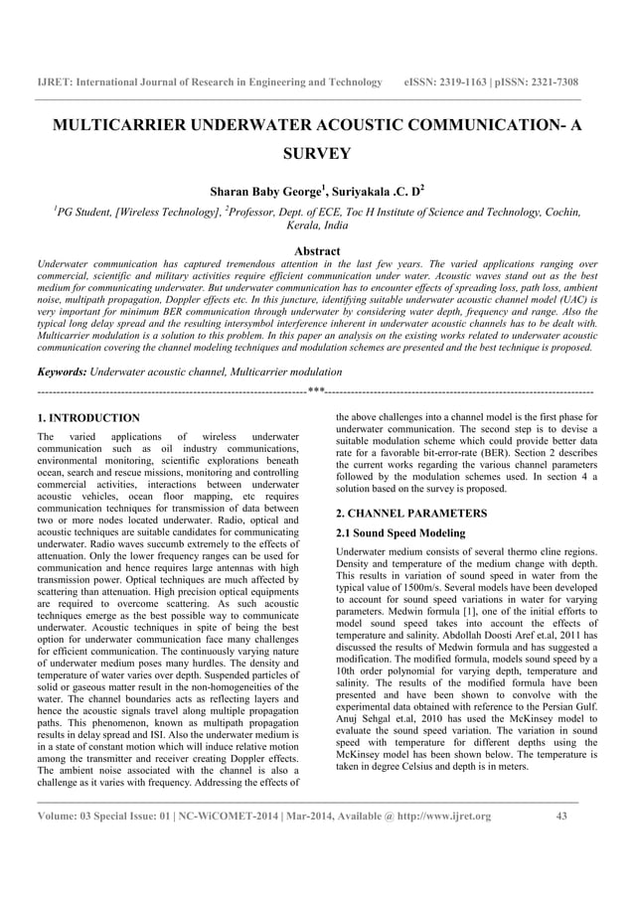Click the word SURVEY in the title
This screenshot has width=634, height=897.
316,154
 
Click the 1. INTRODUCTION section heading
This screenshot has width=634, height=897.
87,418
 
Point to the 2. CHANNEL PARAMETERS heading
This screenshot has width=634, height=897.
411,514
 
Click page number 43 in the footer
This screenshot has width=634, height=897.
563,816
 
